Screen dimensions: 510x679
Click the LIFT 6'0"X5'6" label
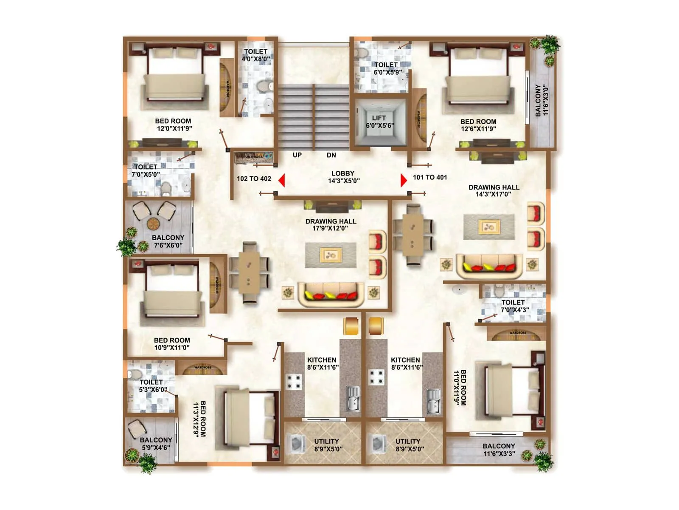point(379,122)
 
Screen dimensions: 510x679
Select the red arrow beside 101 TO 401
point(403,180)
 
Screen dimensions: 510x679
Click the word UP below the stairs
point(297,155)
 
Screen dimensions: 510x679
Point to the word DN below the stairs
point(331,155)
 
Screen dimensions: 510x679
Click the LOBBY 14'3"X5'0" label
point(343,177)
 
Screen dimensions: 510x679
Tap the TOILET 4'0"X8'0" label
point(255,55)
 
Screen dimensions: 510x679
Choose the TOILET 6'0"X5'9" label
point(386,68)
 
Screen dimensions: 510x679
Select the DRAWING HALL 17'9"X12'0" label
point(331,225)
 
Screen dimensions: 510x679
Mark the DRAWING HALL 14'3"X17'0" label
point(494,191)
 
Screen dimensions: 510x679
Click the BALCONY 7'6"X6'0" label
point(168,241)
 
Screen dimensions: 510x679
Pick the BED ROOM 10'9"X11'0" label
point(172,344)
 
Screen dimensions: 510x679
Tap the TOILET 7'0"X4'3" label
point(514,306)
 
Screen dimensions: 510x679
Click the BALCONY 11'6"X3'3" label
point(499,450)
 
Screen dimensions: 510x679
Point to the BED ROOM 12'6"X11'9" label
point(478,125)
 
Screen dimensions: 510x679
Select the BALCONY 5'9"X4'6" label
point(156,444)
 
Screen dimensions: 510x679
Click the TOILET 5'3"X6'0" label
point(152,385)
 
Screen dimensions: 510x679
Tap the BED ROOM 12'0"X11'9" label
point(173,125)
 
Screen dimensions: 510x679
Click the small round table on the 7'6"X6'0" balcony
point(153,223)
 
